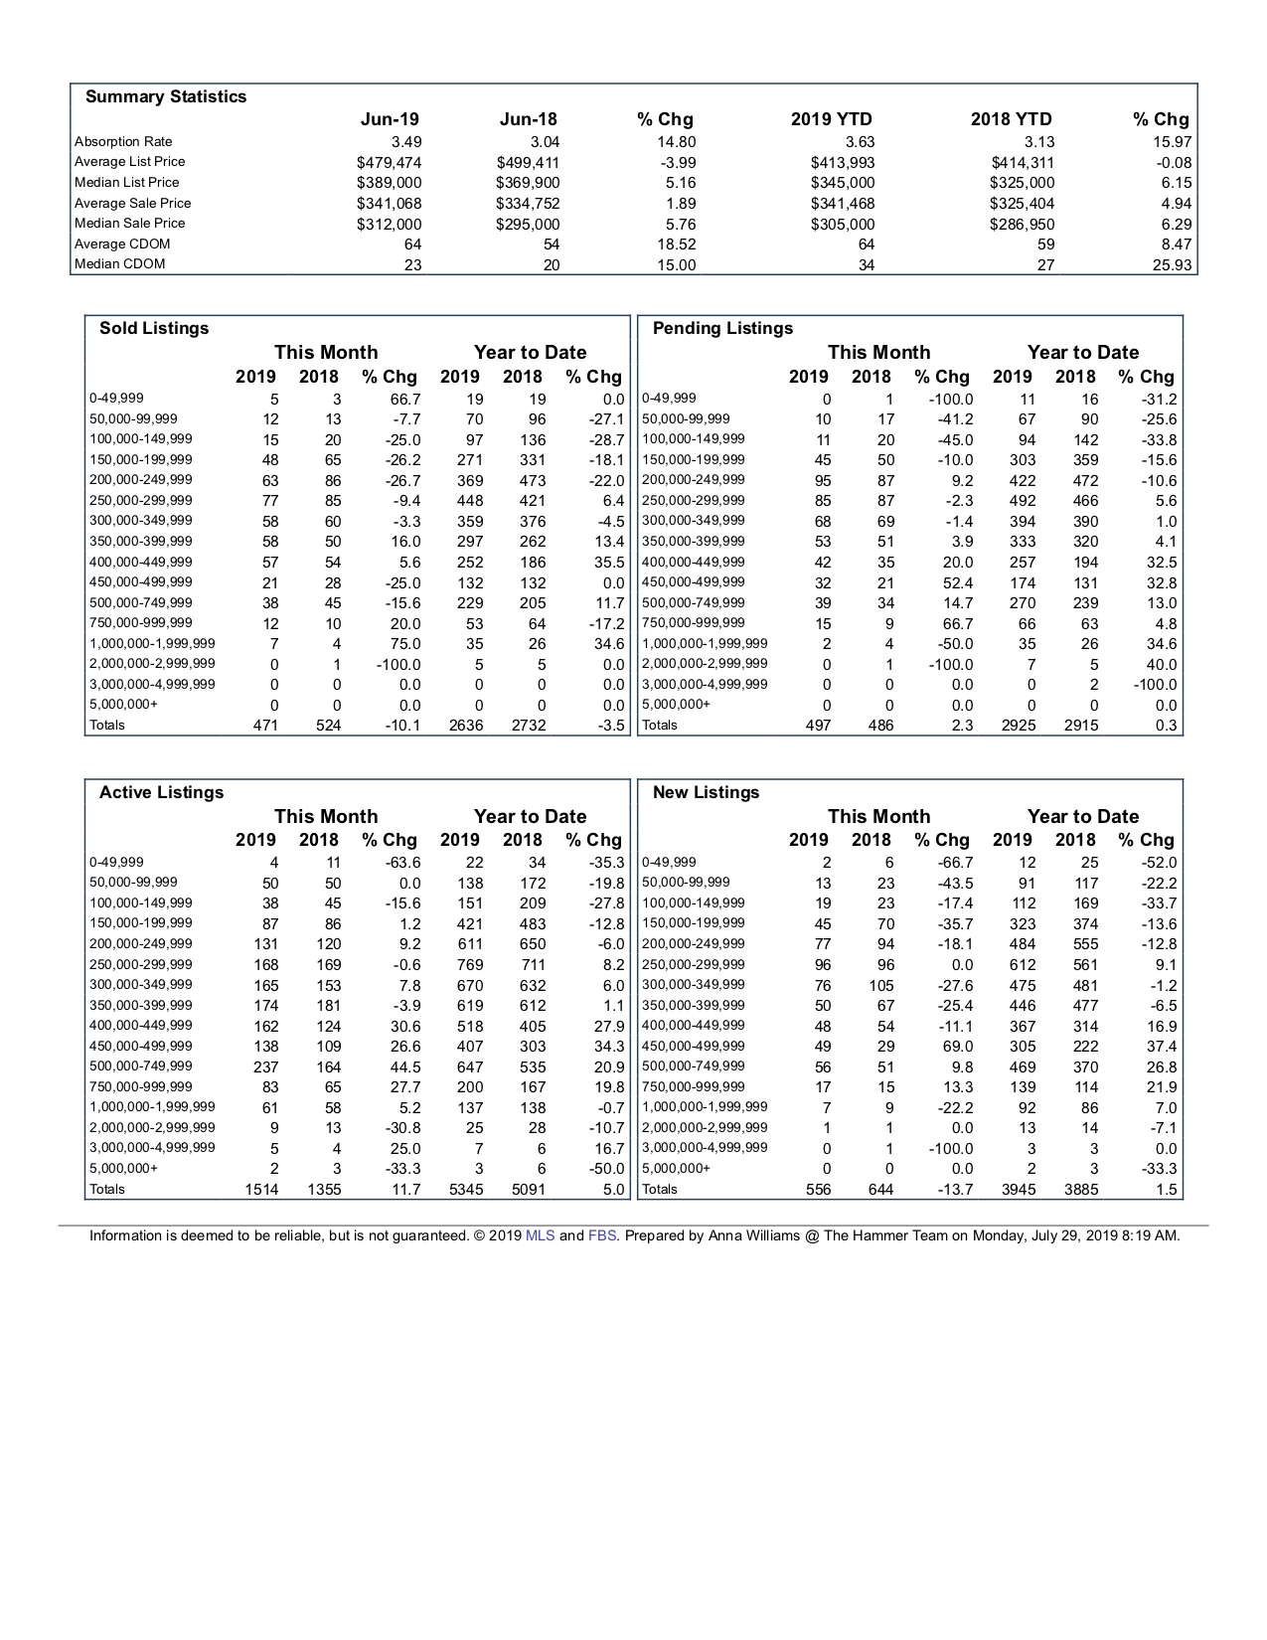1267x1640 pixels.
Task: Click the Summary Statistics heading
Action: pos(166,96)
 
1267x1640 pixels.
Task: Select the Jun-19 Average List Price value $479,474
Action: pos(389,162)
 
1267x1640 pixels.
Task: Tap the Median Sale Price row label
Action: pos(129,224)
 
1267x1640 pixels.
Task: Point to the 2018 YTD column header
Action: pos(1011,119)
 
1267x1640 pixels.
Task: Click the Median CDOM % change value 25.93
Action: pos(1172,265)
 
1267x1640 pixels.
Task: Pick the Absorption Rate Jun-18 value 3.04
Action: pos(545,142)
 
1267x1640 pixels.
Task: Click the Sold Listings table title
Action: pos(154,328)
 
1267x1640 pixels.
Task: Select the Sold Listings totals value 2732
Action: pos(529,726)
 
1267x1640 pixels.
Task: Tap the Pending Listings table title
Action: pos(722,328)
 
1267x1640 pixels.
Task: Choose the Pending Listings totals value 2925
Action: pos(1019,726)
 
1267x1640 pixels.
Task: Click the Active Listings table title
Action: pos(161,792)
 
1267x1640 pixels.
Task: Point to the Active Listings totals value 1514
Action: pos(262,1190)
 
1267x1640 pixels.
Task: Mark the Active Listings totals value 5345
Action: pos(466,1190)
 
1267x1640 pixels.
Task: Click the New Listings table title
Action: pos(706,792)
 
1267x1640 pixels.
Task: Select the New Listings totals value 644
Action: pos(880,1190)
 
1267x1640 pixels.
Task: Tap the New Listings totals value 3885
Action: pos(1081,1190)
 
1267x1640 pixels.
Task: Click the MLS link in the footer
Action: pos(541,1236)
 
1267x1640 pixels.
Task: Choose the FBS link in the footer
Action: pos(602,1236)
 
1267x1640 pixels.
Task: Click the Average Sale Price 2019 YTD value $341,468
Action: pos(843,204)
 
